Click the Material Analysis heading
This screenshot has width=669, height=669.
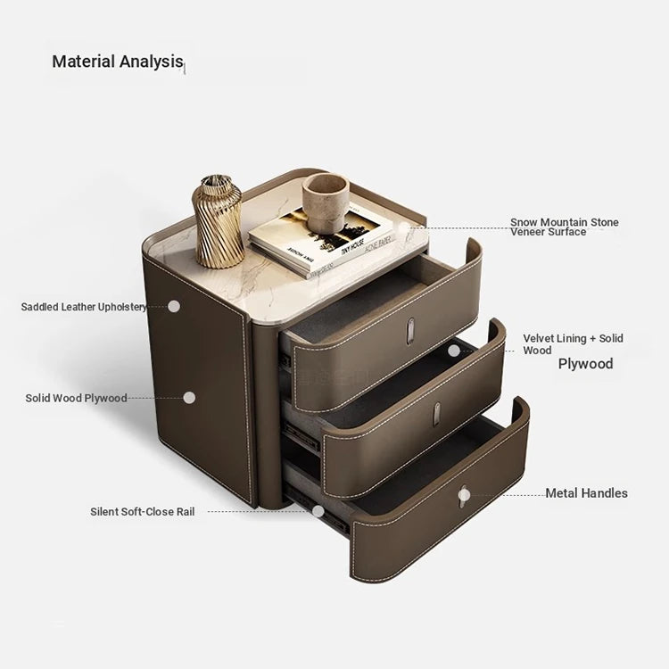click(x=118, y=61)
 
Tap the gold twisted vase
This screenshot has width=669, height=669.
click(x=218, y=222)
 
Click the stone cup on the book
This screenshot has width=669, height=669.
click(x=326, y=202)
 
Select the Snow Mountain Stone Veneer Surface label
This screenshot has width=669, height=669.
click(x=564, y=227)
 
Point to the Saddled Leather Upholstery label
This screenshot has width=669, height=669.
click(x=84, y=307)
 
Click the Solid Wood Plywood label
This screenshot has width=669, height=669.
click(x=77, y=398)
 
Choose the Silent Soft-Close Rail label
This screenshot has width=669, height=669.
click(x=142, y=512)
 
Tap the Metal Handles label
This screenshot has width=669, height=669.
click(x=586, y=493)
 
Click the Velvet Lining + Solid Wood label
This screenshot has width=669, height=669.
click(x=573, y=344)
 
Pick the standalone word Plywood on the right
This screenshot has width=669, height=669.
click(x=585, y=364)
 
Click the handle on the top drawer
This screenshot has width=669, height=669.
click(x=410, y=331)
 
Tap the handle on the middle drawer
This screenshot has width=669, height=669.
click(x=436, y=413)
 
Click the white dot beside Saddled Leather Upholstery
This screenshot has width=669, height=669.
click(x=174, y=306)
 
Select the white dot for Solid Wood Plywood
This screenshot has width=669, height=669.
click(x=189, y=398)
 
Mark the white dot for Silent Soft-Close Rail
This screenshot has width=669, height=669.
click(x=318, y=511)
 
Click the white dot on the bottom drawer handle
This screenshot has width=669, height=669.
click(x=464, y=495)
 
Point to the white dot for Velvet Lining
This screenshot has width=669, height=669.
click(x=454, y=351)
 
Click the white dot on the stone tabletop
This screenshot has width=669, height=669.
click(x=403, y=227)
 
